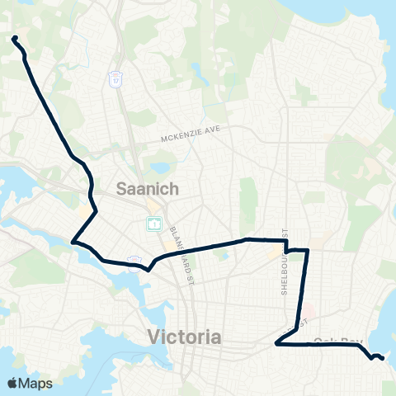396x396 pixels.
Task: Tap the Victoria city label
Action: click(x=184, y=337)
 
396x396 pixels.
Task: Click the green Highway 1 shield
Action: click(x=153, y=223)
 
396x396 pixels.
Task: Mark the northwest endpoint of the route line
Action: click(x=15, y=38)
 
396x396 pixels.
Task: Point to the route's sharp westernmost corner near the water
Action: click(x=73, y=242)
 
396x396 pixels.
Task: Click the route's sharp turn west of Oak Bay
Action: click(x=276, y=345)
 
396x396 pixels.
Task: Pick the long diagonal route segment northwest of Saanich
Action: click(x=49, y=107)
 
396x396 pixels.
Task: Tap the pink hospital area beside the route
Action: click(x=306, y=315)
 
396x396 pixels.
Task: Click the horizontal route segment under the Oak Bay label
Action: click(x=322, y=346)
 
